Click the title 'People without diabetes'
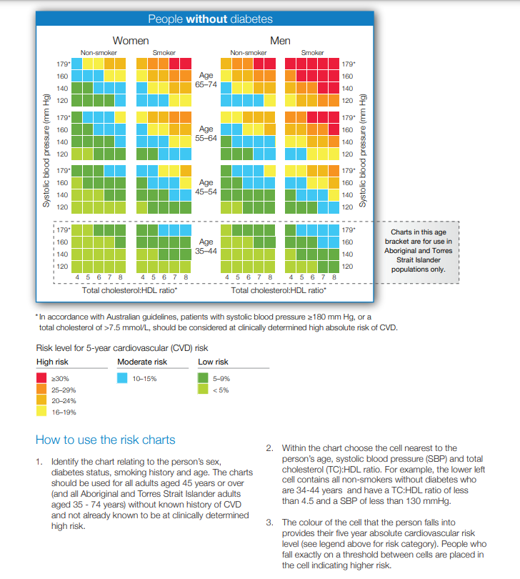(x=210, y=19)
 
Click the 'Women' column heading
(x=131, y=41)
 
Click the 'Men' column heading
(x=280, y=41)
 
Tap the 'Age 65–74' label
(x=206, y=79)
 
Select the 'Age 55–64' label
(x=206, y=134)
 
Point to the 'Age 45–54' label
(x=206, y=187)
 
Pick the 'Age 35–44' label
(x=206, y=247)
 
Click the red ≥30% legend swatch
(x=42, y=377)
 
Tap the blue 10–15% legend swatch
(x=123, y=377)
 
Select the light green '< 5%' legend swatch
(x=204, y=390)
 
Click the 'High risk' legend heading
(x=52, y=362)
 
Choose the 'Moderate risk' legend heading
(x=142, y=362)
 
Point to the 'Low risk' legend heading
(x=213, y=362)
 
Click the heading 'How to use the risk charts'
(x=105, y=440)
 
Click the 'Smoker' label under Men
(x=312, y=53)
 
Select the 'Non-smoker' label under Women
(x=99, y=53)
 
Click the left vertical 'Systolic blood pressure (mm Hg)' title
(x=45, y=151)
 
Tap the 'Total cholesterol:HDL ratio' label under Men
(x=279, y=291)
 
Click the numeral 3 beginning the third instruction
(x=269, y=523)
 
